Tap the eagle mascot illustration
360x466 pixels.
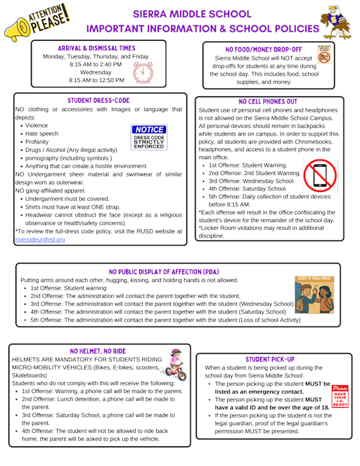[340, 20]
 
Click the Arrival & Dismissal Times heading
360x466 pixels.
[96, 47]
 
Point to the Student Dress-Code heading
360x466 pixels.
[99, 101]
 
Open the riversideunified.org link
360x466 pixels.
[39, 240]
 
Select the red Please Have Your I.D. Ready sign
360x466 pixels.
[340, 396]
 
